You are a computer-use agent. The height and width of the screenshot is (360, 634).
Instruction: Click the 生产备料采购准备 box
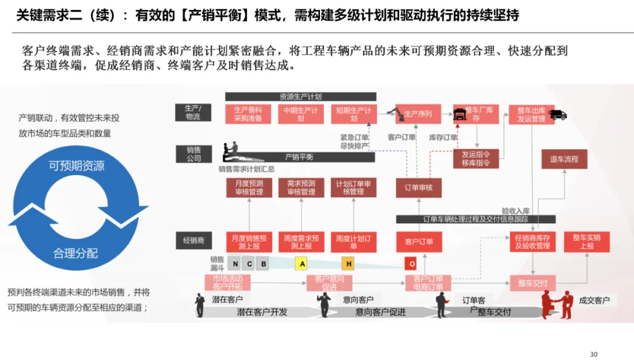(x=248, y=114)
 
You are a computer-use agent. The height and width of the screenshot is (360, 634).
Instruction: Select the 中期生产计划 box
(x=301, y=114)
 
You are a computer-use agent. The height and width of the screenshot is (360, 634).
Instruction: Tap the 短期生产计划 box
(x=353, y=114)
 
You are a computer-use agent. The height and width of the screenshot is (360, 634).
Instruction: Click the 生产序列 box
(x=417, y=114)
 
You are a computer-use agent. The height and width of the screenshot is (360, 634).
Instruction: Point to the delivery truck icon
(x=558, y=115)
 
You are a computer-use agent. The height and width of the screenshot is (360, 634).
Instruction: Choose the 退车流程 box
(x=564, y=159)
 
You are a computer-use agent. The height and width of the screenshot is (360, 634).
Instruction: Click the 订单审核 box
(x=419, y=188)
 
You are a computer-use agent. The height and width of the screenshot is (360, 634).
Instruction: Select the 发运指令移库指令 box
(x=475, y=159)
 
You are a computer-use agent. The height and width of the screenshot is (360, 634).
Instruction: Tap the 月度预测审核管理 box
(x=249, y=187)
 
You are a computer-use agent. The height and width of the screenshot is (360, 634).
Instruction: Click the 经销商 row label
(x=193, y=240)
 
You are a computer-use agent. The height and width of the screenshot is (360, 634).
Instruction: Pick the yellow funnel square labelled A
(x=302, y=264)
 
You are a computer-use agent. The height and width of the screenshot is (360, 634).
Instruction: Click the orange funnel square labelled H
(x=349, y=264)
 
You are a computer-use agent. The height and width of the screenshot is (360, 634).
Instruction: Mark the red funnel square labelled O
(x=412, y=264)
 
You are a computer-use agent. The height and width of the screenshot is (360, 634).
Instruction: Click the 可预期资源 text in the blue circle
(x=76, y=166)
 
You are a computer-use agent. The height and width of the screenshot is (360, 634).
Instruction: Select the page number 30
(x=593, y=354)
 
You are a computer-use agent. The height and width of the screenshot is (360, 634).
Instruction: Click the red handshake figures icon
(x=558, y=304)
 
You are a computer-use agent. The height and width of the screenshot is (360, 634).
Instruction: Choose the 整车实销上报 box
(x=586, y=241)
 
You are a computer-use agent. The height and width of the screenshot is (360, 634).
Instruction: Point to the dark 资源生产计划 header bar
(x=300, y=97)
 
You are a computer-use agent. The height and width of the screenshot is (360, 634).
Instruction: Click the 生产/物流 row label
(x=193, y=112)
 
